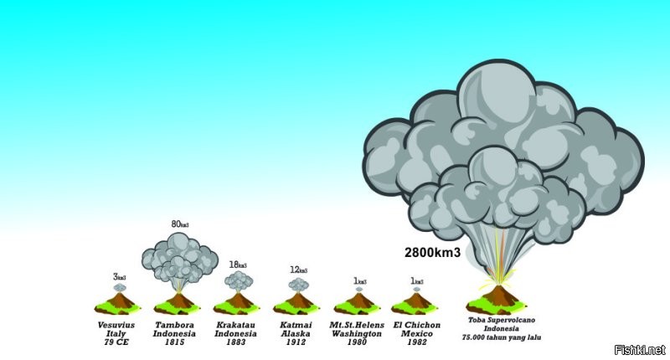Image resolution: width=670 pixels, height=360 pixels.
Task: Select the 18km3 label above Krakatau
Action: [239, 265]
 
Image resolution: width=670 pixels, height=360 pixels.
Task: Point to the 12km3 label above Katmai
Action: [298, 270]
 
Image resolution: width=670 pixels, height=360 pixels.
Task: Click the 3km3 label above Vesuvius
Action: [120, 276]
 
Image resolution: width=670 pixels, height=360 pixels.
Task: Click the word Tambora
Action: [175, 324]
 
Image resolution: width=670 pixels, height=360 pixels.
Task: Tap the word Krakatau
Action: [235, 324]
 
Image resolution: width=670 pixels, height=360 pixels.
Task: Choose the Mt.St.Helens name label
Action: [358, 324]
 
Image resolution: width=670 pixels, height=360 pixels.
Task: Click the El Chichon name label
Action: [417, 324]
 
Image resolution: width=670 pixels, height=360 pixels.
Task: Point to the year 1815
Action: [175, 342]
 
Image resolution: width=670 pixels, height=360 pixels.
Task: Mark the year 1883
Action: [235, 342]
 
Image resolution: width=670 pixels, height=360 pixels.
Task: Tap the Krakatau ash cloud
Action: [239, 280]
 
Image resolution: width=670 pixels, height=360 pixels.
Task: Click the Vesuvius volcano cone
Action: [119, 301]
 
